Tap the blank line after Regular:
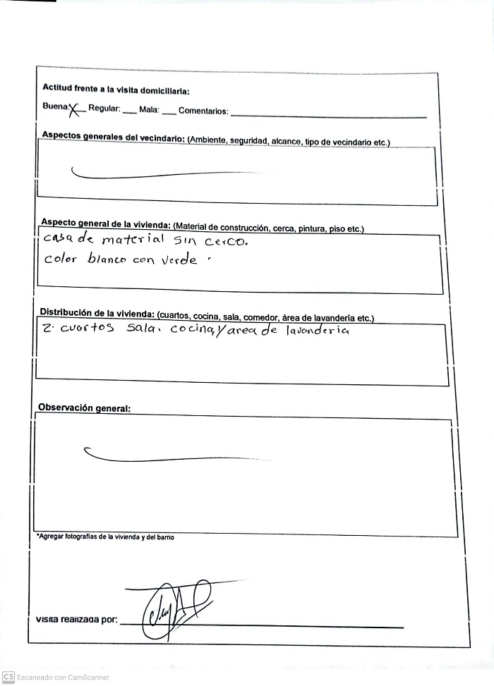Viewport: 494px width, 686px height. tap(129, 112)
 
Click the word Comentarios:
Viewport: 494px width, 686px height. tap(203, 111)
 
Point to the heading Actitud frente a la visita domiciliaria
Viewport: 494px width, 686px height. tap(116, 90)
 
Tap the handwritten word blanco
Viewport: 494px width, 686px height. tap(107, 259)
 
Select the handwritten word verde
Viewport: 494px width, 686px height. tap(179, 259)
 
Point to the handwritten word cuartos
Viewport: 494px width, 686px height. tap(86, 330)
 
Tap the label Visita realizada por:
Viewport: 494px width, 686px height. tap(76, 620)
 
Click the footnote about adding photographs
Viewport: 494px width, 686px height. tap(105, 537)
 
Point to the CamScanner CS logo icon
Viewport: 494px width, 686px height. tap(8, 677)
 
